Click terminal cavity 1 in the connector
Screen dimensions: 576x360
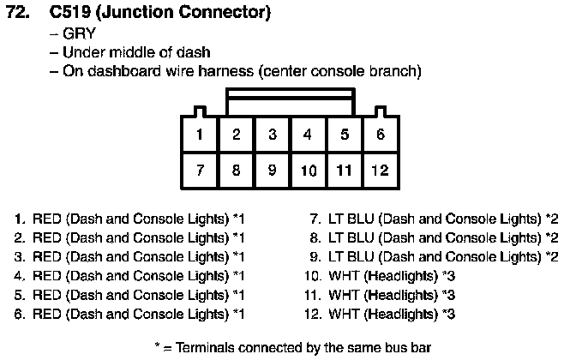[x=200, y=134]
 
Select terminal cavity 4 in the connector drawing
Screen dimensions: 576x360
[x=308, y=134]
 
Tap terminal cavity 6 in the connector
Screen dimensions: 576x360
[x=381, y=134]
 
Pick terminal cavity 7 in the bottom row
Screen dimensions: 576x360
[x=200, y=170]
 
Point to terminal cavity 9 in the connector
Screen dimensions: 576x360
[x=272, y=170]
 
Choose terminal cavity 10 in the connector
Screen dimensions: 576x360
[x=309, y=170]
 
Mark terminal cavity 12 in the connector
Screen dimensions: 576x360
[x=381, y=170]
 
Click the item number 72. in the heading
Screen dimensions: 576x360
[x=18, y=12]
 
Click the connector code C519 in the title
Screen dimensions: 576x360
[x=69, y=12]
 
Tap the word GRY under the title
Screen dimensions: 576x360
[x=79, y=33]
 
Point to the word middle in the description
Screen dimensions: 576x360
[x=131, y=52]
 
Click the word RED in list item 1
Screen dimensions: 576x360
[x=46, y=219]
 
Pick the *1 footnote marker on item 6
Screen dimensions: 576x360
[x=239, y=315]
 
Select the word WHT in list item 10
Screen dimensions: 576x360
[x=344, y=276]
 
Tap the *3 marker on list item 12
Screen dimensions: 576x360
[x=448, y=315]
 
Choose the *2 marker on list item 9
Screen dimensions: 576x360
[x=552, y=257]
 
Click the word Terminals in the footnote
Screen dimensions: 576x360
[x=205, y=347]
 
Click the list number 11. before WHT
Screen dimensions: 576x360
[x=313, y=296]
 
